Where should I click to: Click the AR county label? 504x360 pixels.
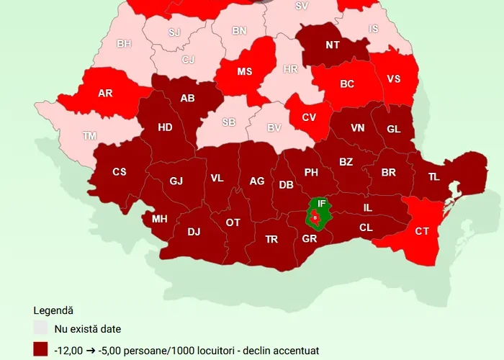104,93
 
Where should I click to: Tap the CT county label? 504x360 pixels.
423,231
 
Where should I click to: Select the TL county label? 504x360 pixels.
433,176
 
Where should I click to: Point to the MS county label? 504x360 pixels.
244,72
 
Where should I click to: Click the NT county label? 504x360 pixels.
333,45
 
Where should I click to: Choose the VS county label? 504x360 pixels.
394,78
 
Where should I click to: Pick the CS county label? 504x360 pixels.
119,171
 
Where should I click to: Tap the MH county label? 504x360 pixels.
159,218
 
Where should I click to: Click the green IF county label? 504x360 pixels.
322,204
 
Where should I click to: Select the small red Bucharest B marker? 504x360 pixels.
315,217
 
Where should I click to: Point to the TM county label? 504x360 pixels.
89,135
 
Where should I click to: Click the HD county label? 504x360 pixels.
165,127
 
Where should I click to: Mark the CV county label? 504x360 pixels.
309,117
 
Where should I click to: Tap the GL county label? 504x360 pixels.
393,129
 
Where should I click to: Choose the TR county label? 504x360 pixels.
271,239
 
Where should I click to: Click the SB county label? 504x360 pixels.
228,122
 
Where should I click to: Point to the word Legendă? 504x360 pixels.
53,310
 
